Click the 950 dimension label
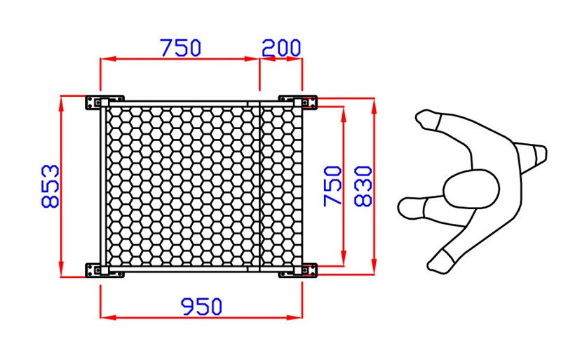(x=201, y=307)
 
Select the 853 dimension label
(x=50, y=186)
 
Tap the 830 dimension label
(x=363, y=186)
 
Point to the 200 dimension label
(x=281, y=48)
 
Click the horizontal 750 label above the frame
(x=181, y=48)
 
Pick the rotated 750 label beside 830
(x=332, y=186)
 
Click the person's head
(x=471, y=189)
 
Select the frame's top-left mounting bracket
(x=104, y=102)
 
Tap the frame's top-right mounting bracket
(x=297, y=102)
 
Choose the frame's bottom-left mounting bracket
(x=104, y=270)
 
